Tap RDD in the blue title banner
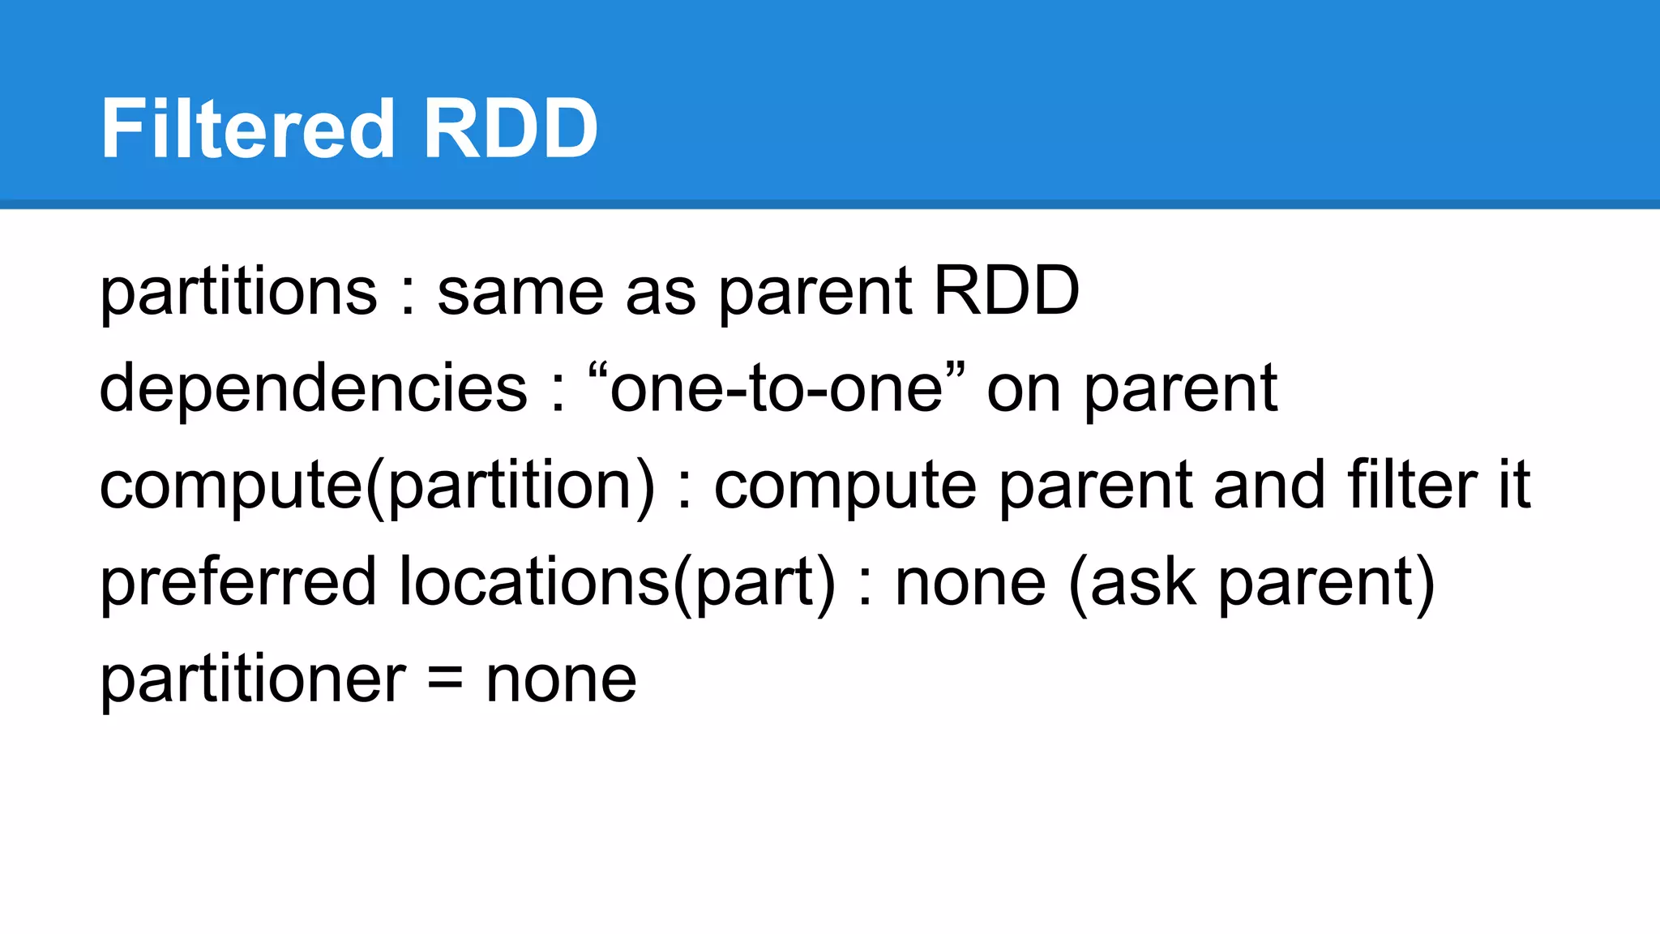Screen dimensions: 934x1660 [510, 129]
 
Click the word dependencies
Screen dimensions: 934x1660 [314, 388]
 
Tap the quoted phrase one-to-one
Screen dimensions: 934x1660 [777, 388]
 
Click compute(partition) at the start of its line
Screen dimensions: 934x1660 [377, 486]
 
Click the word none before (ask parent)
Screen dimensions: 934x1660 [970, 584]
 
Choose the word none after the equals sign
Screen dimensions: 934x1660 [561, 681]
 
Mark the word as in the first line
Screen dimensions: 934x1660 [661, 293]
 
